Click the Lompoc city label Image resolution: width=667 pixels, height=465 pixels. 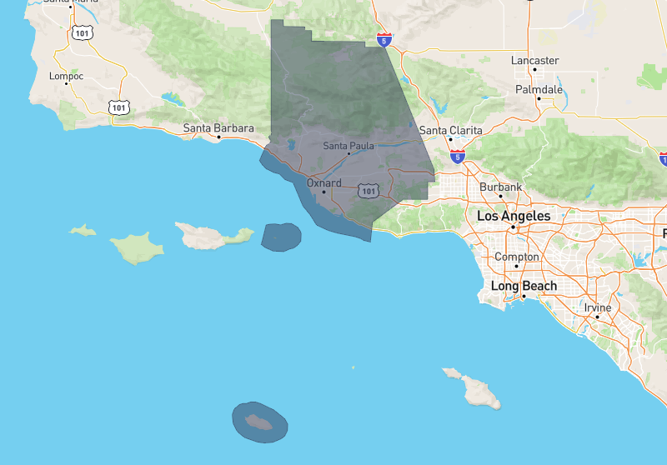(62, 76)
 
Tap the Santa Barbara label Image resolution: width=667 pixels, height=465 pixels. (218, 128)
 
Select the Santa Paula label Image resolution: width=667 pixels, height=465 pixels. (349, 146)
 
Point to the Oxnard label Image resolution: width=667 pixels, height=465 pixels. (324, 182)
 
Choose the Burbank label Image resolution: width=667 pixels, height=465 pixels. (500, 187)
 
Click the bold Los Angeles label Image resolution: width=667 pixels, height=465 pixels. (514, 216)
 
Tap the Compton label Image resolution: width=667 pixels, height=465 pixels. (516, 257)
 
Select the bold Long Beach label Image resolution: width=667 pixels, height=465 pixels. (523, 286)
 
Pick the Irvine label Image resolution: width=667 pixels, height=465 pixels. (597, 307)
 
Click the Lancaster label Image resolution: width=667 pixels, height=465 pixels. (534, 61)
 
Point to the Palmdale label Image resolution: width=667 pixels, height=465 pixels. (539, 89)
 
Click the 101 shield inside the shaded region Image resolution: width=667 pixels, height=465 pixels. (369, 191)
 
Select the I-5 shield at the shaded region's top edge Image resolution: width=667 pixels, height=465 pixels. (383, 39)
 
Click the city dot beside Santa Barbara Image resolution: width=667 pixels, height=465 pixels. (218, 137)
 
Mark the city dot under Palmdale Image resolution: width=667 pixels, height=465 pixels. (539, 98)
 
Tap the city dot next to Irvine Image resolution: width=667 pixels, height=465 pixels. (597, 317)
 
